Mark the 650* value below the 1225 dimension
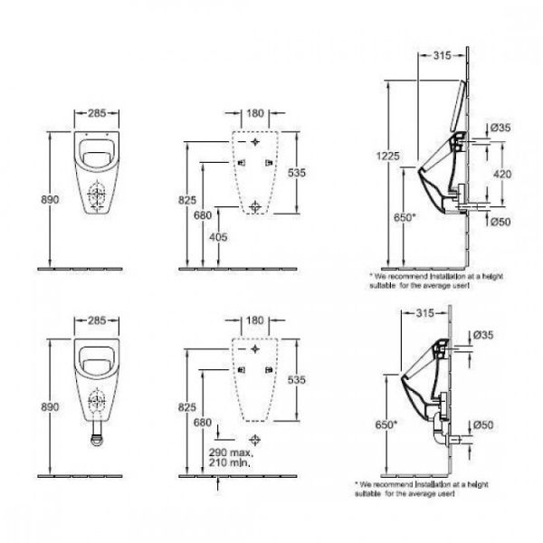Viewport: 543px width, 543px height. [x=405, y=218]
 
